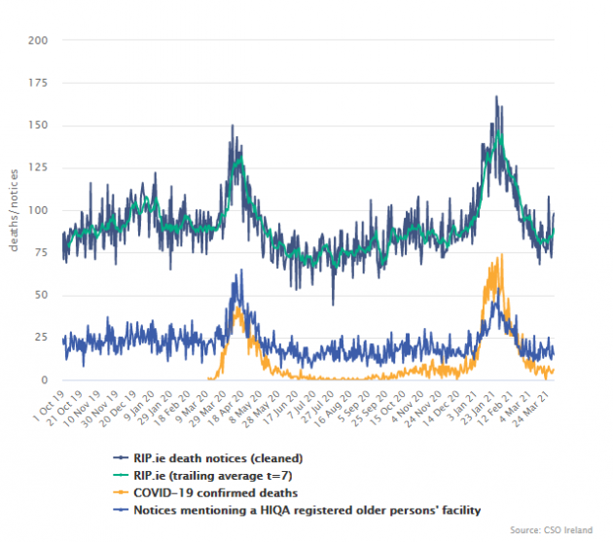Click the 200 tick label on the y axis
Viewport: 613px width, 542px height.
pyautogui.click(x=39, y=41)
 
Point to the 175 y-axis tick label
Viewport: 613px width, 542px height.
pyautogui.click(x=39, y=84)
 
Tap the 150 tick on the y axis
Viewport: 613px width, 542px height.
pyautogui.click(x=39, y=126)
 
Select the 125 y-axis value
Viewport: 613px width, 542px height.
pyautogui.click(x=39, y=168)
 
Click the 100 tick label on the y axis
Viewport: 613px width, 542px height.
pyautogui.click(x=39, y=210)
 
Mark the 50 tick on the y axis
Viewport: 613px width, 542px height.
pyautogui.click(x=42, y=295)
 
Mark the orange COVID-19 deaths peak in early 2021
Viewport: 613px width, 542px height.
pyautogui.click(x=501, y=255)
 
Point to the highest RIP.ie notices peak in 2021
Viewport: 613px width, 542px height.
pyautogui.click(x=496, y=96)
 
